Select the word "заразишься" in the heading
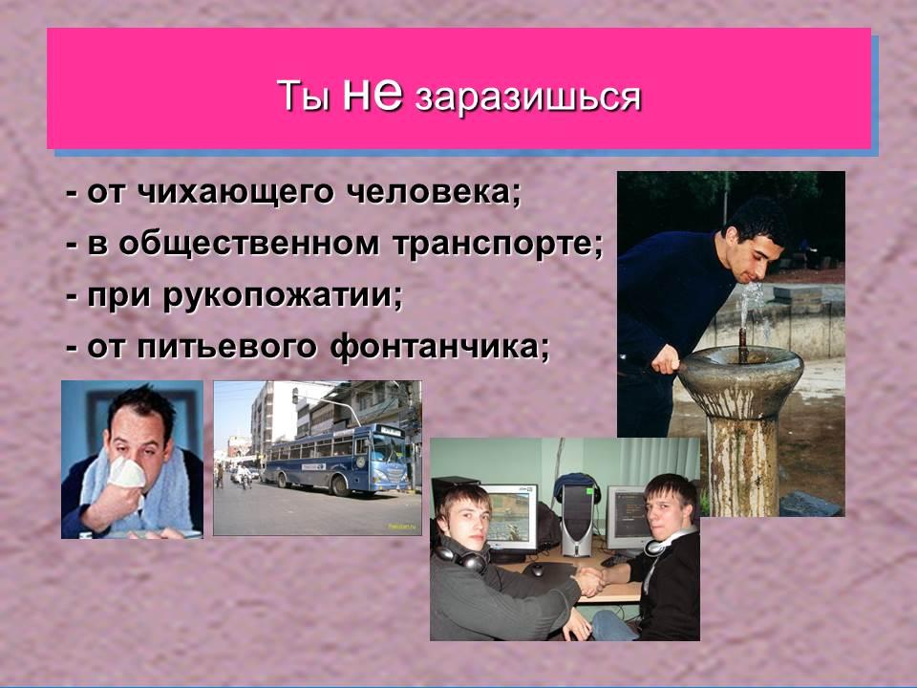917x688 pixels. pos(527,97)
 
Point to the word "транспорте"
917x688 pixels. pos(497,245)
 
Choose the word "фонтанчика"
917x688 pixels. pos(439,348)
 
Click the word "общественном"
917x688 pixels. pos(248,245)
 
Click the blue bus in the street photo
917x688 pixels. pos(336,461)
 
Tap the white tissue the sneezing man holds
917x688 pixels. pos(126,473)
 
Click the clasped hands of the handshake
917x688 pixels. pos(589,580)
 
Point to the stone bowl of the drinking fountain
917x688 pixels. pos(739,376)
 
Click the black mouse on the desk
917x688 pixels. pos(536,570)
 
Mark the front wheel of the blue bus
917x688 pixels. pos(339,485)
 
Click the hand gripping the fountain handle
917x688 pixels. pos(666,359)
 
